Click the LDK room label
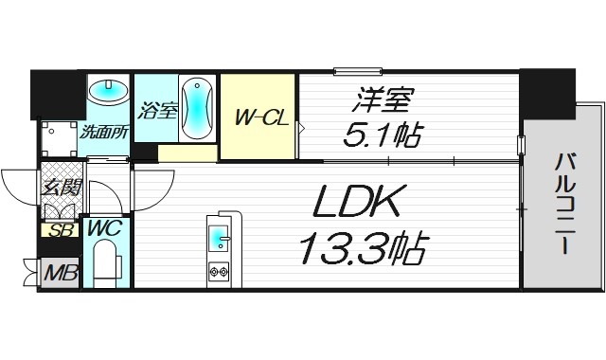[358, 201]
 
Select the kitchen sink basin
[219, 236]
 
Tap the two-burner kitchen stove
[219, 273]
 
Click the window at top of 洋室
[357, 69]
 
